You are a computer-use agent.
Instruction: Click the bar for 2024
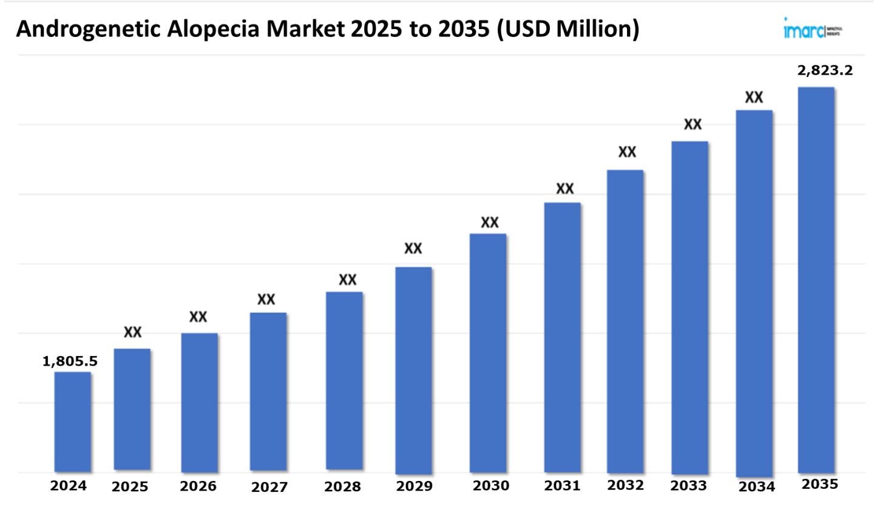tap(73, 421)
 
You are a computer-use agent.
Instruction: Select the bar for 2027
tap(268, 392)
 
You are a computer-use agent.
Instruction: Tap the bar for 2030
tap(488, 352)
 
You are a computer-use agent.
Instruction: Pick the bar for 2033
tap(689, 307)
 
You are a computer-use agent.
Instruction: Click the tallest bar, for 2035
tap(816, 280)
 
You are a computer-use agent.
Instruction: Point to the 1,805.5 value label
tap(70, 361)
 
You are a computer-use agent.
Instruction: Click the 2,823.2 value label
tap(825, 70)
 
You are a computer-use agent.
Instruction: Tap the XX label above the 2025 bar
tap(133, 332)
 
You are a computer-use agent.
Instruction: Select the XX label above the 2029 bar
tap(413, 249)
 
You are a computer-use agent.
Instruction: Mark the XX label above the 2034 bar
tap(754, 97)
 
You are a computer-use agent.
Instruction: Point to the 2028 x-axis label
tap(342, 487)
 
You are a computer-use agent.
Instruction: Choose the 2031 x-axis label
tap(562, 486)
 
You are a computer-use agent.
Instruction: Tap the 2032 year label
tap(626, 486)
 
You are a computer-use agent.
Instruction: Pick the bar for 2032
tap(625, 321)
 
